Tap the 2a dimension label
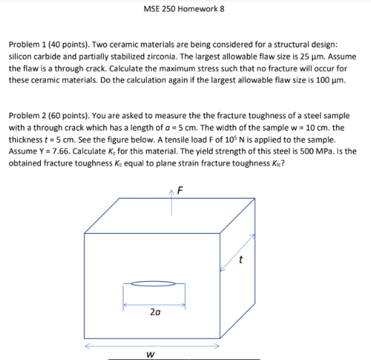[155, 313]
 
